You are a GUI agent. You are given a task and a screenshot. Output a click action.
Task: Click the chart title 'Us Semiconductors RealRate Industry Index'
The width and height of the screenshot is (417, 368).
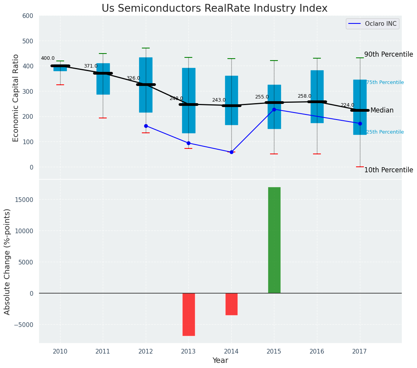click(x=214, y=9)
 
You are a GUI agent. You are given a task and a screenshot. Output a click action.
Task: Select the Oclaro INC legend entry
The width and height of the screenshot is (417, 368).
click(x=372, y=24)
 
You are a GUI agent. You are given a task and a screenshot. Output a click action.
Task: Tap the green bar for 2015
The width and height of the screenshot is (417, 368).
click(x=274, y=240)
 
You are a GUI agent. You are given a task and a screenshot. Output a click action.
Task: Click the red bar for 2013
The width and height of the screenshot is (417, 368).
click(x=188, y=314)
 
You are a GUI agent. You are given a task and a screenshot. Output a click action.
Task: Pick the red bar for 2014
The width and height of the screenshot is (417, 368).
click(x=231, y=304)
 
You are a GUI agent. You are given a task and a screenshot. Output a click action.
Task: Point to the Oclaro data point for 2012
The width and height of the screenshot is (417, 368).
click(x=146, y=126)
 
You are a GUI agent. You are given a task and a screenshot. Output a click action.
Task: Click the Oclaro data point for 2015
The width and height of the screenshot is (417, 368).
click(x=274, y=109)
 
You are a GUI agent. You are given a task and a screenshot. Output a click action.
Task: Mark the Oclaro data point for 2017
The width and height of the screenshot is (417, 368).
click(x=360, y=123)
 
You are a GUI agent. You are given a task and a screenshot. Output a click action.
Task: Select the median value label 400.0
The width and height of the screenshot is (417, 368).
click(x=48, y=59)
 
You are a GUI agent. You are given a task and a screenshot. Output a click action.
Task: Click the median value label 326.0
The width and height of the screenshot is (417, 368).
click(x=133, y=79)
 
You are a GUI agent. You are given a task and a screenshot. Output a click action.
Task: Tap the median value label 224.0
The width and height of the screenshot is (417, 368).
click(x=347, y=105)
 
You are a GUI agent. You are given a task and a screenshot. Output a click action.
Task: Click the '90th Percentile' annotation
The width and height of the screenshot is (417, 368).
click(x=388, y=54)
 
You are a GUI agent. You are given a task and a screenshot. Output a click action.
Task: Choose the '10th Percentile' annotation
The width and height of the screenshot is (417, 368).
click(x=388, y=170)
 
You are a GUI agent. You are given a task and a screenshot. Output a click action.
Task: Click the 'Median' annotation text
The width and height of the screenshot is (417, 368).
click(x=382, y=111)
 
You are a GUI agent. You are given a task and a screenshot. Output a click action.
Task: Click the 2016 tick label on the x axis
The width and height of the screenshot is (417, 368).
click(x=317, y=351)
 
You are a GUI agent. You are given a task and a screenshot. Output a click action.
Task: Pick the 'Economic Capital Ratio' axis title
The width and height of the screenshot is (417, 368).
click(x=16, y=98)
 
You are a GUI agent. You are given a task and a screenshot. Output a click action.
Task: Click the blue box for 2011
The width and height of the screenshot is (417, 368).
click(x=103, y=79)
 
